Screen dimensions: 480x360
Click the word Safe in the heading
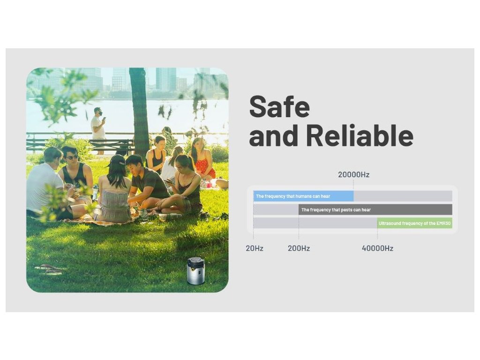pos(279,106)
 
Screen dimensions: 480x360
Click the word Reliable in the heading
pos(360,135)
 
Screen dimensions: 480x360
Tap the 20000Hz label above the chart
pos(353,174)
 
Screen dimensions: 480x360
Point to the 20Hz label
pos(255,248)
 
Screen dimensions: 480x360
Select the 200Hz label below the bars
pos(299,248)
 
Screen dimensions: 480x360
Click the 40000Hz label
pos(377,248)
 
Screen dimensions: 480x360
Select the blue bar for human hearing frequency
pos(303,196)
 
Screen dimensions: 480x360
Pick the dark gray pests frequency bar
pos(375,210)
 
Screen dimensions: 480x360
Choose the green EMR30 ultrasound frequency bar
pos(414,223)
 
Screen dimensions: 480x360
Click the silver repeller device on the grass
pos(195,271)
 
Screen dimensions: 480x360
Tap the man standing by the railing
pos(98,130)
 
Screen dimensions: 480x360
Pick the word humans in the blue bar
pos(304,196)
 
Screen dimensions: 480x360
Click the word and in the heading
pos(273,135)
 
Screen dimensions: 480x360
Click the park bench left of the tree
pos(111,145)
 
